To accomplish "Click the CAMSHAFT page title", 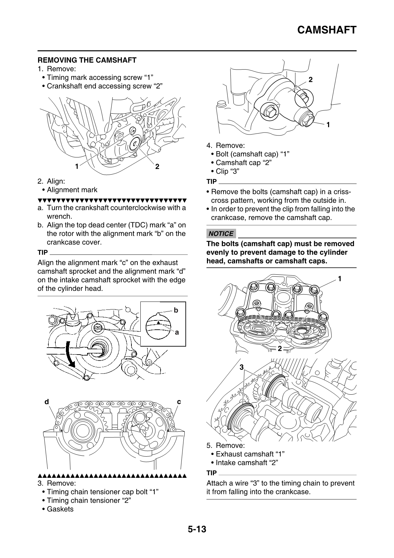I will coord(326,30).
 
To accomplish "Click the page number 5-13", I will coord(197,529).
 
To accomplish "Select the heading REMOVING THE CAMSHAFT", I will coord(87,60).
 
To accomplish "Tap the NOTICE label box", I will coord(221,234).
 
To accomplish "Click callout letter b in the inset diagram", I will coord(176,310).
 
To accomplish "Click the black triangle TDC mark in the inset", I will coord(159,322).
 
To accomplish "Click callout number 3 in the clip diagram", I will coord(241,367).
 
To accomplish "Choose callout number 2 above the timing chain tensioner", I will coord(311,80).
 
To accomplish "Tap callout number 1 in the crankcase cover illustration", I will coord(76,166).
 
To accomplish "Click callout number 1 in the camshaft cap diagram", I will coord(339,279).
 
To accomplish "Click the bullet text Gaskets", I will coord(60,509).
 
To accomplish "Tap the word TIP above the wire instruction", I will coord(211,473).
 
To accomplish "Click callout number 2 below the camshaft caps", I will coord(280,348).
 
